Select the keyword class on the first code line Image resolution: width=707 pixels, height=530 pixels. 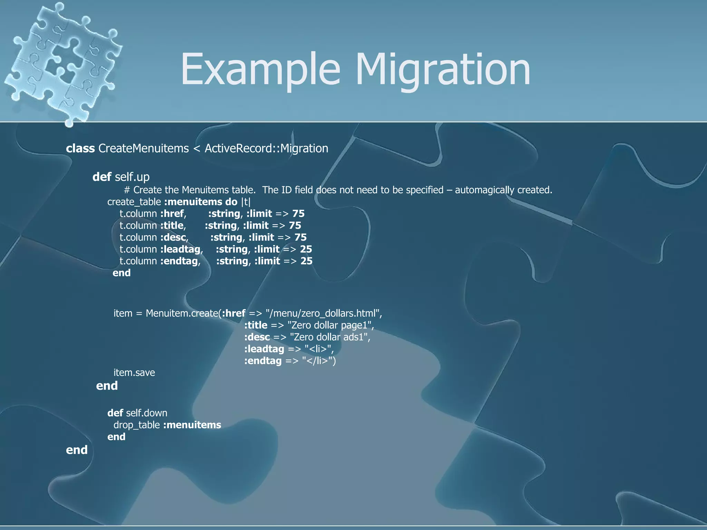(80, 148)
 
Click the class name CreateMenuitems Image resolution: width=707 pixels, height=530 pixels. (144, 148)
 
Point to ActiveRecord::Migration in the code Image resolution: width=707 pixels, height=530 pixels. (266, 148)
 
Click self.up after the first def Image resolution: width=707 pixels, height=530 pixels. (132, 177)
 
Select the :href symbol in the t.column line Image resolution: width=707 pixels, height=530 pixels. (172, 214)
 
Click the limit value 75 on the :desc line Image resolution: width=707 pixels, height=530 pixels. (300, 237)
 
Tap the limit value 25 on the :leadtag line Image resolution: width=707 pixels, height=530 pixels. (306, 249)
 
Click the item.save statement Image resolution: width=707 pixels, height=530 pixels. (134, 373)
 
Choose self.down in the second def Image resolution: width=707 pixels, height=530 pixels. (147, 413)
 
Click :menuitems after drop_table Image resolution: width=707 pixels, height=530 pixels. (192, 425)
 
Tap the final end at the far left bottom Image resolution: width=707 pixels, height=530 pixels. (77, 450)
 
